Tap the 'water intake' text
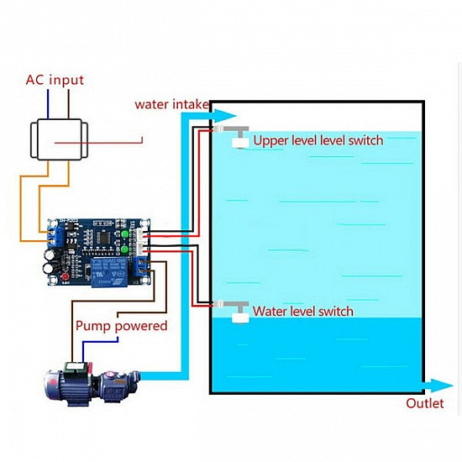click(171, 104)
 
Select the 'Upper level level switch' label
click(318, 140)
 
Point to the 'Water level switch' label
click(302, 311)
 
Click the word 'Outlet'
click(424, 402)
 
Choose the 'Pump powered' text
click(121, 325)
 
